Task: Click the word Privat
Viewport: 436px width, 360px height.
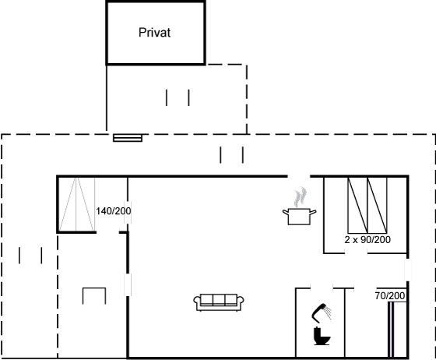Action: (x=154, y=33)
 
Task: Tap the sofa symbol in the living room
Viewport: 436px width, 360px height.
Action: (x=219, y=302)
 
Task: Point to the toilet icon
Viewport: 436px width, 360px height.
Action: (x=322, y=336)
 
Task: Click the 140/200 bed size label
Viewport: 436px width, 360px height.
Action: (x=114, y=211)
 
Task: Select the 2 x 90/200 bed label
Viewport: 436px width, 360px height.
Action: (x=367, y=239)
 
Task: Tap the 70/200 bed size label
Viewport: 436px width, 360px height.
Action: (x=390, y=296)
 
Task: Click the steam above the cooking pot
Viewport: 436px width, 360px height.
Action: (x=301, y=197)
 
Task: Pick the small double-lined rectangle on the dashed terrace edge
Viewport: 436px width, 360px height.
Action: (x=128, y=138)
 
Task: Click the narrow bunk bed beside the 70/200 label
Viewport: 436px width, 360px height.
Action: (x=397, y=330)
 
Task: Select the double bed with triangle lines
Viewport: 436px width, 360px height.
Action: (x=77, y=204)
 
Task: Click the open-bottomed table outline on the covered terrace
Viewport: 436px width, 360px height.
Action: (x=94, y=288)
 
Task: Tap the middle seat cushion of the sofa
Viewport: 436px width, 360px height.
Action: (x=219, y=300)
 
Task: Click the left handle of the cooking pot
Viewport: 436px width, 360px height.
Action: (x=286, y=213)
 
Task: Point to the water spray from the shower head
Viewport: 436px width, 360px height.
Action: (x=328, y=313)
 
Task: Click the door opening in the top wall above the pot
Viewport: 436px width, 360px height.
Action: (x=299, y=176)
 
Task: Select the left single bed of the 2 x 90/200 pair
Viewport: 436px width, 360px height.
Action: (x=357, y=205)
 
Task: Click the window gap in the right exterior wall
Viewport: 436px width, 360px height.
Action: (x=408, y=270)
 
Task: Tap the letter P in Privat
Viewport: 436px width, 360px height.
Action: (x=142, y=33)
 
